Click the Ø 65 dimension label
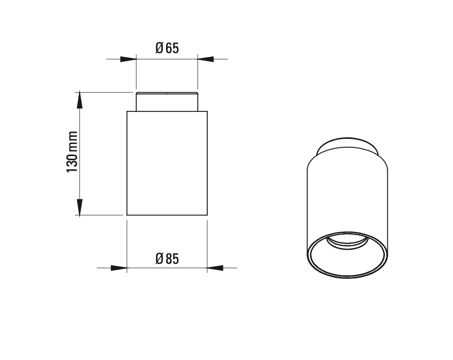(x=167, y=48)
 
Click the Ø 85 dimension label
(x=167, y=259)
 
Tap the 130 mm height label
(x=72, y=152)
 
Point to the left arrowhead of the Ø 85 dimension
(x=119, y=268)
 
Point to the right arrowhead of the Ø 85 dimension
(x=215, y=268)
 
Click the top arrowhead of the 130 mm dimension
(x=79, y=100)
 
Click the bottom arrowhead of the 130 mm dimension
(x=79, y=207)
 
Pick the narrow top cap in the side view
(x=167, y=102)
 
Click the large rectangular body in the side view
(x=167, y=163)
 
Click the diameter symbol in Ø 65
(x=159, y=48)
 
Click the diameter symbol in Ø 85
(x=159, y=259)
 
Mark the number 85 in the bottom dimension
(x=172, y=259)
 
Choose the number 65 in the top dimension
(x=172, y=48)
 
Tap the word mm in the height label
(x=72, y=142)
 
